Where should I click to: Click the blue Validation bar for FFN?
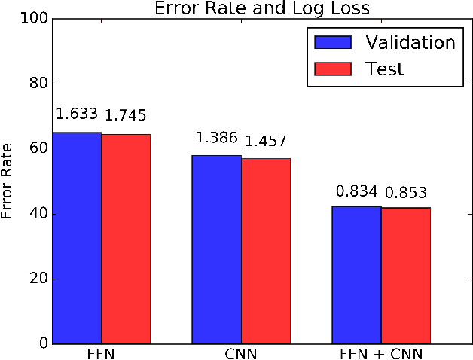click(76, 238)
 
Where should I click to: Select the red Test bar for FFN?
click(126, 239)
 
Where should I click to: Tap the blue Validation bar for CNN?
click(217, 249)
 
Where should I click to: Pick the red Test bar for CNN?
click(266, 251)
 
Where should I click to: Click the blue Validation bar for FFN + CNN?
click(357, 275)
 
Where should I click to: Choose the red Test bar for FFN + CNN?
click(406, 276)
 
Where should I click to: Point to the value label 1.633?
click(77, 114)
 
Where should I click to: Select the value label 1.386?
click(217, 138)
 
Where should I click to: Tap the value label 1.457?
click(266, 141)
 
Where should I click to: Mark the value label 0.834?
click(357, 191)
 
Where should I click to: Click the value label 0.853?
click(406, 192)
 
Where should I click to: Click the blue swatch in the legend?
click(330, 41)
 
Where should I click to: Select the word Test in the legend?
click(385, 69)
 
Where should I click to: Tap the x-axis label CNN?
click(242, 353)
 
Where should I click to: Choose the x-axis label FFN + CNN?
click(381, 353)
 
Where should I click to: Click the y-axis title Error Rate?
click(8, 181)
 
